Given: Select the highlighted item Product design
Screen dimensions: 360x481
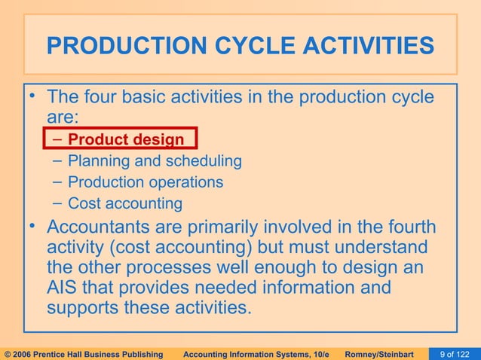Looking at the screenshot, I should [125, 139].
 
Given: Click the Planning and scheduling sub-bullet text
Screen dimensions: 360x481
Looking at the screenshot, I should [155, 160].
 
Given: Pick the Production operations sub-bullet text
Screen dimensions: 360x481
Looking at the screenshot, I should [146, 182].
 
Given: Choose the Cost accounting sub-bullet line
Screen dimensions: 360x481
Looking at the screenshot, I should [125, 203].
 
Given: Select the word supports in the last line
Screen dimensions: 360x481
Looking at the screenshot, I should [83, 309].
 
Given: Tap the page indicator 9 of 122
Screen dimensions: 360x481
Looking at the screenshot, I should [458, 353].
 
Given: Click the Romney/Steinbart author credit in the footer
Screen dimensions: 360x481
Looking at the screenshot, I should [386, 353].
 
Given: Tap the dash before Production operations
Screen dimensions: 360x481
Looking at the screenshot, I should [60, 182].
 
